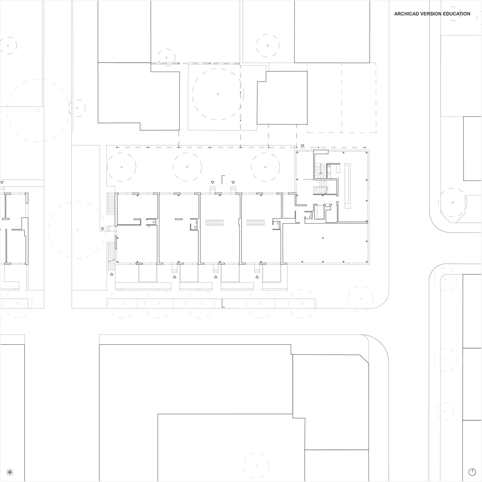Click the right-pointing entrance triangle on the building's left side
coord(103,228)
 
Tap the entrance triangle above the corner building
coord(303,146)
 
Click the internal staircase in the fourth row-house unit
coord(256,222)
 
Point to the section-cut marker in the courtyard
coord(223,179)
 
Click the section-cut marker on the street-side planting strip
coord(223,303)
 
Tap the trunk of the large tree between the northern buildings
coord(218,94)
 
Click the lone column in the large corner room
coord(323,238)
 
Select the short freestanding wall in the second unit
coord(179,219)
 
